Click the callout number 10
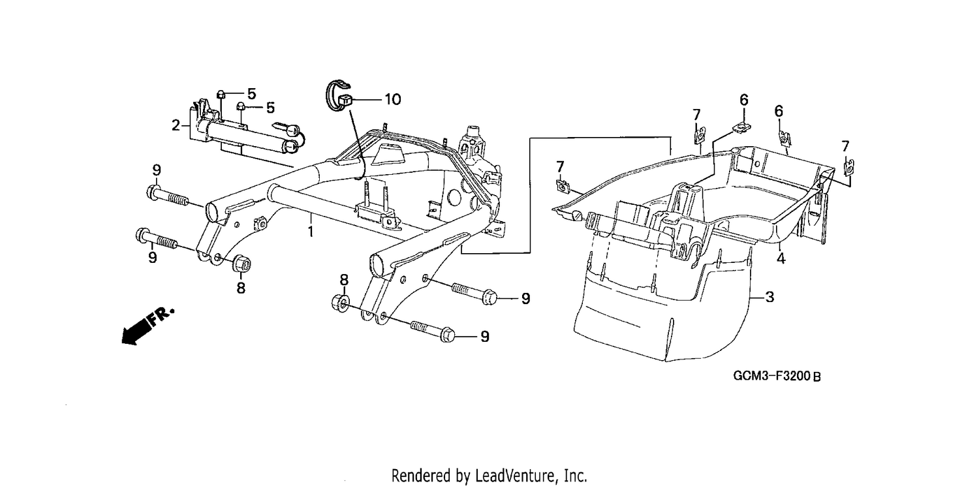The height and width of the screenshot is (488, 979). pos(392,100)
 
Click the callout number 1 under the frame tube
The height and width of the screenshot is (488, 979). pos(310,232)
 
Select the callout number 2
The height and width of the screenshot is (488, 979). pos(176,126)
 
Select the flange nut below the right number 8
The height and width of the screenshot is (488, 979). pos(341,302)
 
